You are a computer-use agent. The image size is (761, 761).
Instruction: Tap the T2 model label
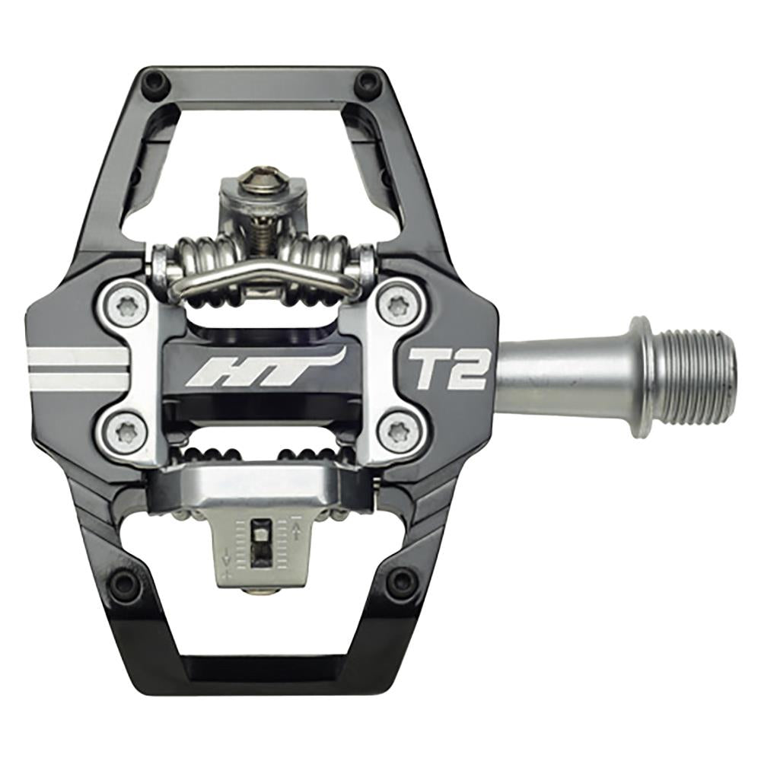[x=448, y=369]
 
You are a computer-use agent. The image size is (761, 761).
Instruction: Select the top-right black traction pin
[x=369, y=81]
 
